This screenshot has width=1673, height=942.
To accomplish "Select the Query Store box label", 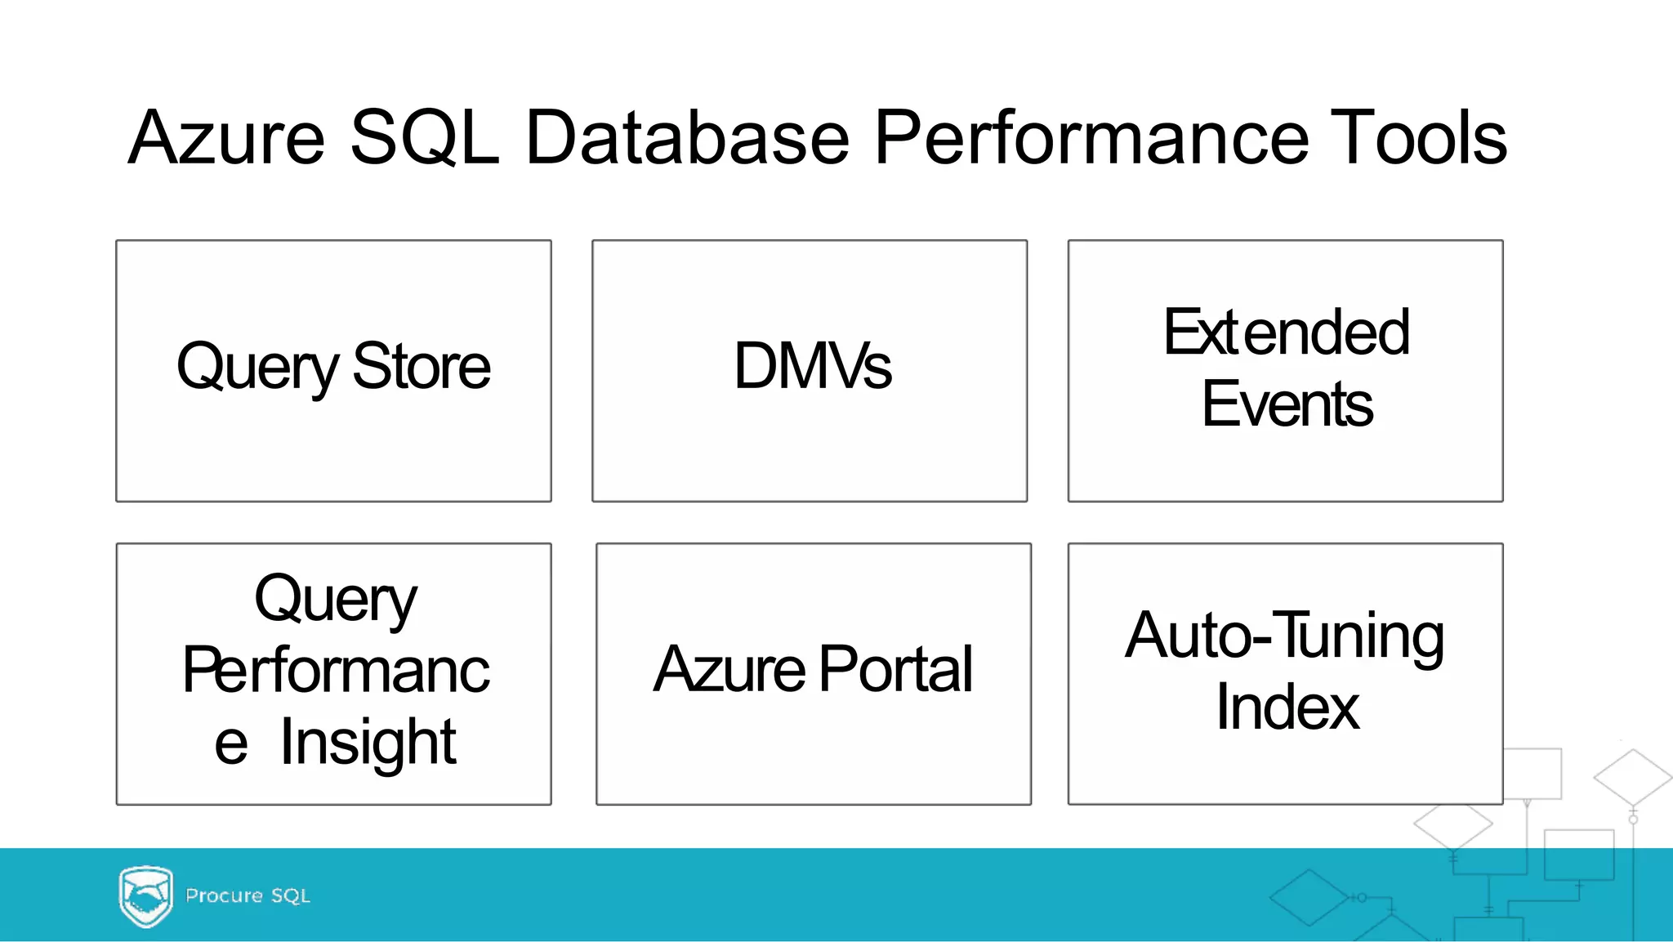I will pos(333,368).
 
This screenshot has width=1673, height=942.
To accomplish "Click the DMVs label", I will pos(812,366).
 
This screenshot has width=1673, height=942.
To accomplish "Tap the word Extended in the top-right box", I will pos(1287,333).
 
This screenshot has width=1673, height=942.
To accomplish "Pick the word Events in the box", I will pos(1287,404).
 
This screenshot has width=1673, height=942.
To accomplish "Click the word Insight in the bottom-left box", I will pos(368,742).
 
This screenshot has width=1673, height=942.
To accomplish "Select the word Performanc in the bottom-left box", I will pos(335,670).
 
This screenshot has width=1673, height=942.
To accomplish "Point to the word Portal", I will pos(895,669).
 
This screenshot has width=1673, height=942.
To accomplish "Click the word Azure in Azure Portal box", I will pos(729,669).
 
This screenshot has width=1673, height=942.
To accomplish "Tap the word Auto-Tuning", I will pos(1284,636).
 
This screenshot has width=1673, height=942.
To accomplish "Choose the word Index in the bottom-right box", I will pos(1287,708).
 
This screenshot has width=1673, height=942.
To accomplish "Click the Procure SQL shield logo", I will pos(145,896).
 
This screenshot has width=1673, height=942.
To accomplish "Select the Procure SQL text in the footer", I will pos(248,896).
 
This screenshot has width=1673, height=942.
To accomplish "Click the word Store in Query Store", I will pos(422,367).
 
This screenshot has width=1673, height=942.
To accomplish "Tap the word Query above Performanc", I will pos(335,599).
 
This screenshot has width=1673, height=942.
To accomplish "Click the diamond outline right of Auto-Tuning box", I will pos(1632,778).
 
